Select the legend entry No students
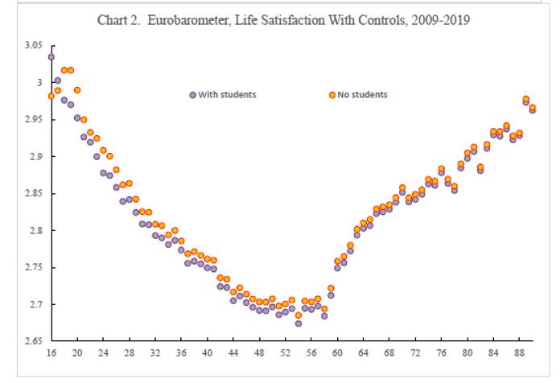(362, 94)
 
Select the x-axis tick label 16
(51, 353)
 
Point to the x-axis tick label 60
(337, 353)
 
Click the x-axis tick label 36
(181, 353)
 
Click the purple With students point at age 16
(51, 57)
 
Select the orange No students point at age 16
(51, 96)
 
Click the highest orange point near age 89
(526, 99)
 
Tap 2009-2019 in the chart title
(441, 19)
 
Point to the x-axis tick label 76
(441, 353)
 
